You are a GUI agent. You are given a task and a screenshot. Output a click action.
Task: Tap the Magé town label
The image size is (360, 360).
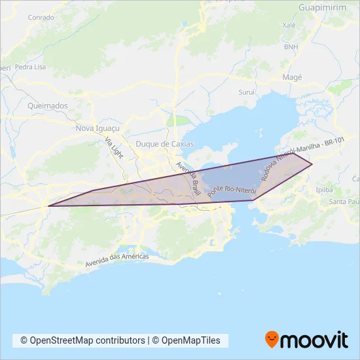click(x=292, y=77)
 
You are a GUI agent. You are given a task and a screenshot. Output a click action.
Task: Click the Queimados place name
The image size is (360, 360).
click(x=48, y=105)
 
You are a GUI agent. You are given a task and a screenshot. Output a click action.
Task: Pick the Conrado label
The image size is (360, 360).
click(x=41, y=18)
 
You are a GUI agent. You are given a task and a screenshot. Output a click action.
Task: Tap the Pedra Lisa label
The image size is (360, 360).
click(x=30, y=67)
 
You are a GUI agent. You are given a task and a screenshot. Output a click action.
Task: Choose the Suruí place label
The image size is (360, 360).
click(x=246, y=93)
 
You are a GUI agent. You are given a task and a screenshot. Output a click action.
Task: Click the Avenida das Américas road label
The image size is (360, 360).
click(x=117, y=260)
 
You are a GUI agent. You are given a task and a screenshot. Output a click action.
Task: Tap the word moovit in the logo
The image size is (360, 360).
click(x=315, y=340)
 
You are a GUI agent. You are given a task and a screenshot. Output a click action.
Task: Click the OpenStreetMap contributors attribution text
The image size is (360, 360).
click(x=83, y=340)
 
